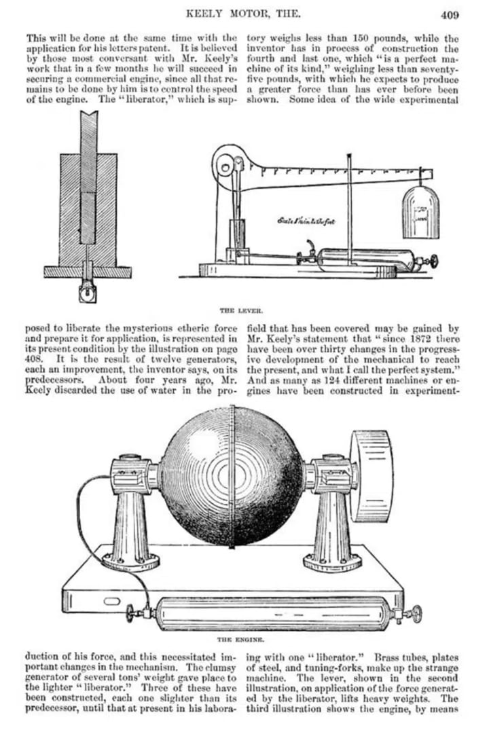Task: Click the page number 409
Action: point(449,13)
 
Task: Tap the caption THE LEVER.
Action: point(237,308)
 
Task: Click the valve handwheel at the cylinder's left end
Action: point(132,615)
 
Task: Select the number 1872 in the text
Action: point(404,339)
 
